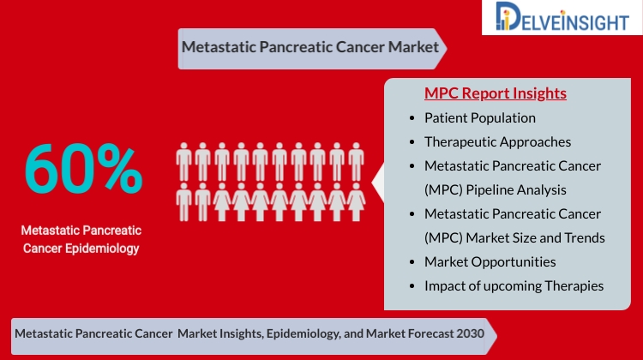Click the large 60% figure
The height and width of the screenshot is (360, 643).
(83, 169)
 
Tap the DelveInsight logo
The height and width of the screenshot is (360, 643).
(562, 17)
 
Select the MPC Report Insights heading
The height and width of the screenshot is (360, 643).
(496, 93)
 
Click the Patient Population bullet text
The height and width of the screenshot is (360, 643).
(480, 118)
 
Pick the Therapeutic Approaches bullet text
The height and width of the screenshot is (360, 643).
(497, 142)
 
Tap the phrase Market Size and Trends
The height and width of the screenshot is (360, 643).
(535, 237)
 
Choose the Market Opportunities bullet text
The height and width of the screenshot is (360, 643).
(490, 262)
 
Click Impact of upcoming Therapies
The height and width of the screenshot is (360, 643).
(514, 285)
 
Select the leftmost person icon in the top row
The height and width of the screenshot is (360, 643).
(183, 162)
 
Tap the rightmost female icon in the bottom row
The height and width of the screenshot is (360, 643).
(356, 202)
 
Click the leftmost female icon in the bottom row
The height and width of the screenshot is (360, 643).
(222, 202)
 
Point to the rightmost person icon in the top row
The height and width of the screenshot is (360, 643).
(356, 162)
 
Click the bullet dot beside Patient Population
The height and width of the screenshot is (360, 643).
(412, 118)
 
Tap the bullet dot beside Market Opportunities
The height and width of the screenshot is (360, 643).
(412, 262)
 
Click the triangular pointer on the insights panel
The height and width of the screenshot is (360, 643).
(378, 183)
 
